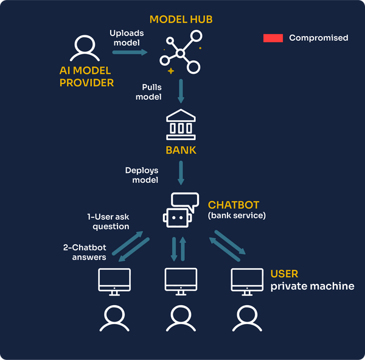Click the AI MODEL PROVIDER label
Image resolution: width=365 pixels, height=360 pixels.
86,77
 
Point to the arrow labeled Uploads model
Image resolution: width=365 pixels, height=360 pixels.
130,52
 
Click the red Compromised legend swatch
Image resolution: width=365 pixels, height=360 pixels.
273,38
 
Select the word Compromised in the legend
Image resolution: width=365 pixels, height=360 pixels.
318,38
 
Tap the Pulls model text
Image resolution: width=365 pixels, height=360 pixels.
148,92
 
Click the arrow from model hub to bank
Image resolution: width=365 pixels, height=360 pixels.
181,91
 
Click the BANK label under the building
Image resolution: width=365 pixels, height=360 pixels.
181,150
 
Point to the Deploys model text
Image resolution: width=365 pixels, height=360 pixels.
142,175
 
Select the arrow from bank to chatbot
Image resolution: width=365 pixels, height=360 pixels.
181,174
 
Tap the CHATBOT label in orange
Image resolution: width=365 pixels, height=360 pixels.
234,204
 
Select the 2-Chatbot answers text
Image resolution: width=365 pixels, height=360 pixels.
85,252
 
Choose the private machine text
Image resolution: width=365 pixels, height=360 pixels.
312,286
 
